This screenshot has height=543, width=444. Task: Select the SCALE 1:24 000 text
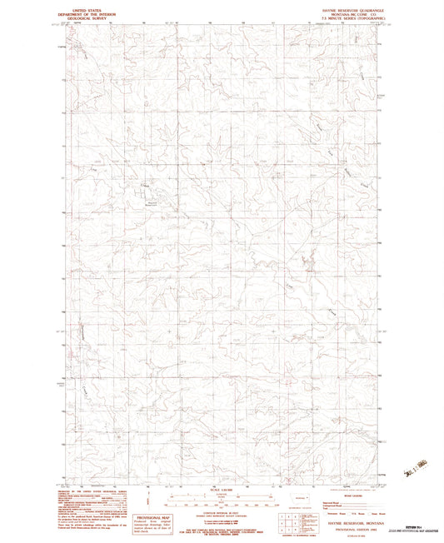222,488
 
